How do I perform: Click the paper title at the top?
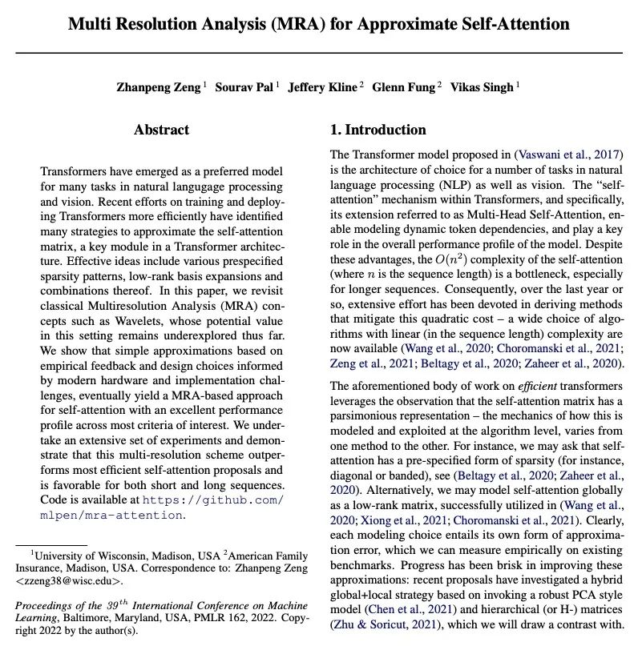click(x=318, y=24)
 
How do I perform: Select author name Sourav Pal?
click(x=245, y=87)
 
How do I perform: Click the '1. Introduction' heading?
click(x=378, y=130)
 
